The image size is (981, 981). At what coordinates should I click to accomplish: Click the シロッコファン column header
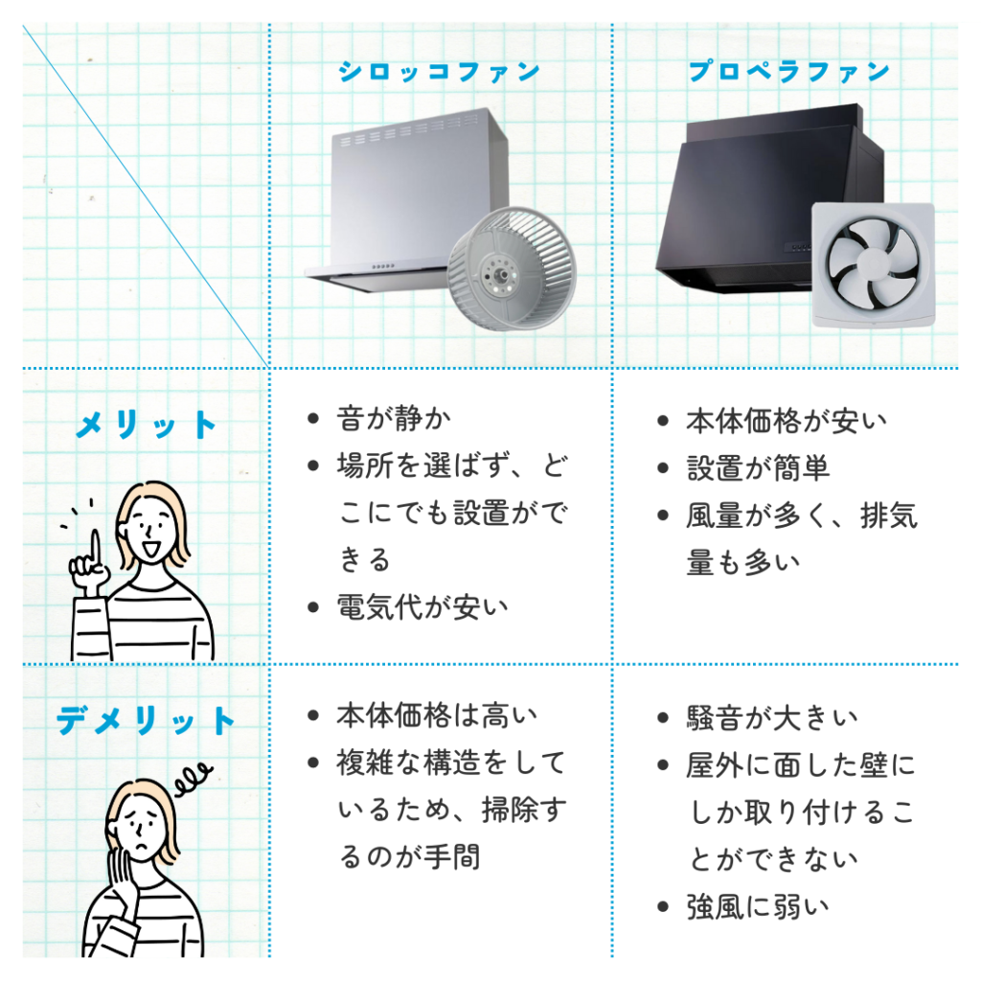coord(439,72)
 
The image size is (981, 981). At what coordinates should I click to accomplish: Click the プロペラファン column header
coord(789,72)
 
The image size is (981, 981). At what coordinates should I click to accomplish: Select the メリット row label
coord(146,424)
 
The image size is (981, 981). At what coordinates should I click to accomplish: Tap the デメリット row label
coord(146,720)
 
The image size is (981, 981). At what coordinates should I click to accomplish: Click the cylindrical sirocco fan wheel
coord(512,269)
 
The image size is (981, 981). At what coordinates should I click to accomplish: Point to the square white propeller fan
coord(874,264)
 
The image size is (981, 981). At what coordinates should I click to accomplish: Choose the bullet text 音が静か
coord(394,419)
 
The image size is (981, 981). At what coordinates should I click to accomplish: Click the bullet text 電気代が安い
coord(422,606)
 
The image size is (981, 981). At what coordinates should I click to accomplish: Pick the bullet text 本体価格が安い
coord(787,422)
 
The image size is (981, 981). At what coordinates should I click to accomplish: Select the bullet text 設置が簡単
coord(758,468)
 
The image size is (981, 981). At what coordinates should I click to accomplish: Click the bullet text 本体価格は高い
coord(437,716)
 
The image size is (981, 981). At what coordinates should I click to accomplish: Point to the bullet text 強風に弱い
coord(758,907)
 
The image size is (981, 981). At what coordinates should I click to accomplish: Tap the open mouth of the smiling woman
coord(150,548)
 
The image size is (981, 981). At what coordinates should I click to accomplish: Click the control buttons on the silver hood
coord(383,266)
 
